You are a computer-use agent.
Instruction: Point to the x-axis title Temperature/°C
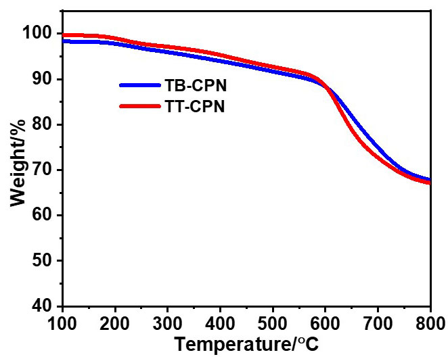point(246,344)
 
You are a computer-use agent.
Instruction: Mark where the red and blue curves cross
point(327,87)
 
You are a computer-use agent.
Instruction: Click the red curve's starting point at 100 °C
point(64,35)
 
